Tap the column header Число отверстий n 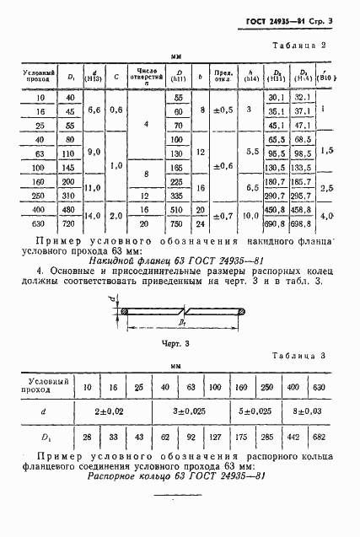(x=142, y=78)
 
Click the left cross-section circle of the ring (x=124, y=312)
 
